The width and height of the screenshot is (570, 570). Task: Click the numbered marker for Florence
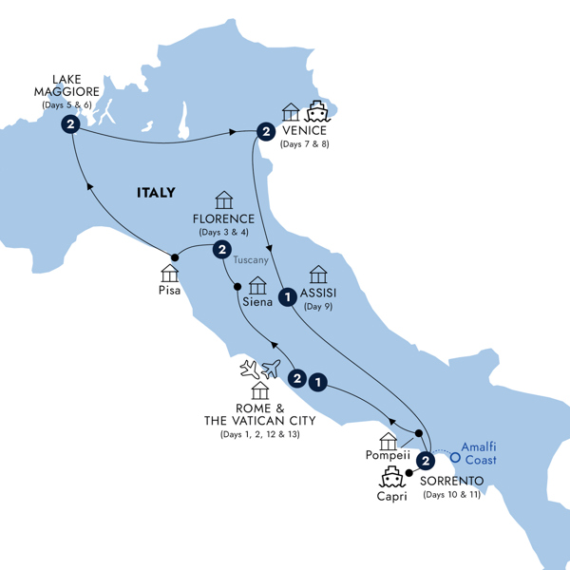221,250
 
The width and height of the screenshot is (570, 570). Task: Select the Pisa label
171,292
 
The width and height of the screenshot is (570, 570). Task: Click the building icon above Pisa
171,273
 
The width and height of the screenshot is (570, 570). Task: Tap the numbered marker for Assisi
286,297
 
